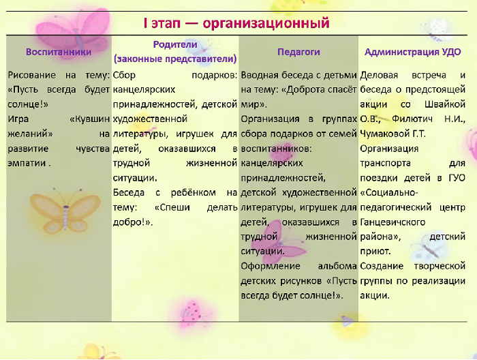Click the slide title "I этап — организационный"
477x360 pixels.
click(236, 23)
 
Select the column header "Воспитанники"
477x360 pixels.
click(59, 52)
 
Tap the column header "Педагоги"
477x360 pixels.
click(298, 52)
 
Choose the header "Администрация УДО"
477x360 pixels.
click(412, 52)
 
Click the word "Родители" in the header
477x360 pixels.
click(175, 44)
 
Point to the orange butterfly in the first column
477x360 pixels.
click(65, 210)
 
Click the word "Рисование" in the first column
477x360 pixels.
click(31, 75)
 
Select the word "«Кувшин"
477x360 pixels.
click(90, 119)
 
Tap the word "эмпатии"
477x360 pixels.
click(27, 163)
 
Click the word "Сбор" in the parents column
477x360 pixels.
click(124, 75)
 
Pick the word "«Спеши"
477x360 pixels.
click(172, 207)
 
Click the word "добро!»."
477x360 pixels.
click(133, 222)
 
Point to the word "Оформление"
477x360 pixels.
click(271, 267)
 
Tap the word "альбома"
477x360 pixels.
click(337, 267)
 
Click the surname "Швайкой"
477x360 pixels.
click(445, 104)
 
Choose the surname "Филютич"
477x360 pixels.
click(412, 119)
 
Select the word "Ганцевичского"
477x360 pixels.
click(393, 222)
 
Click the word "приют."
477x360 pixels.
click(375, 252)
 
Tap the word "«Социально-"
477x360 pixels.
click(389, 193)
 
